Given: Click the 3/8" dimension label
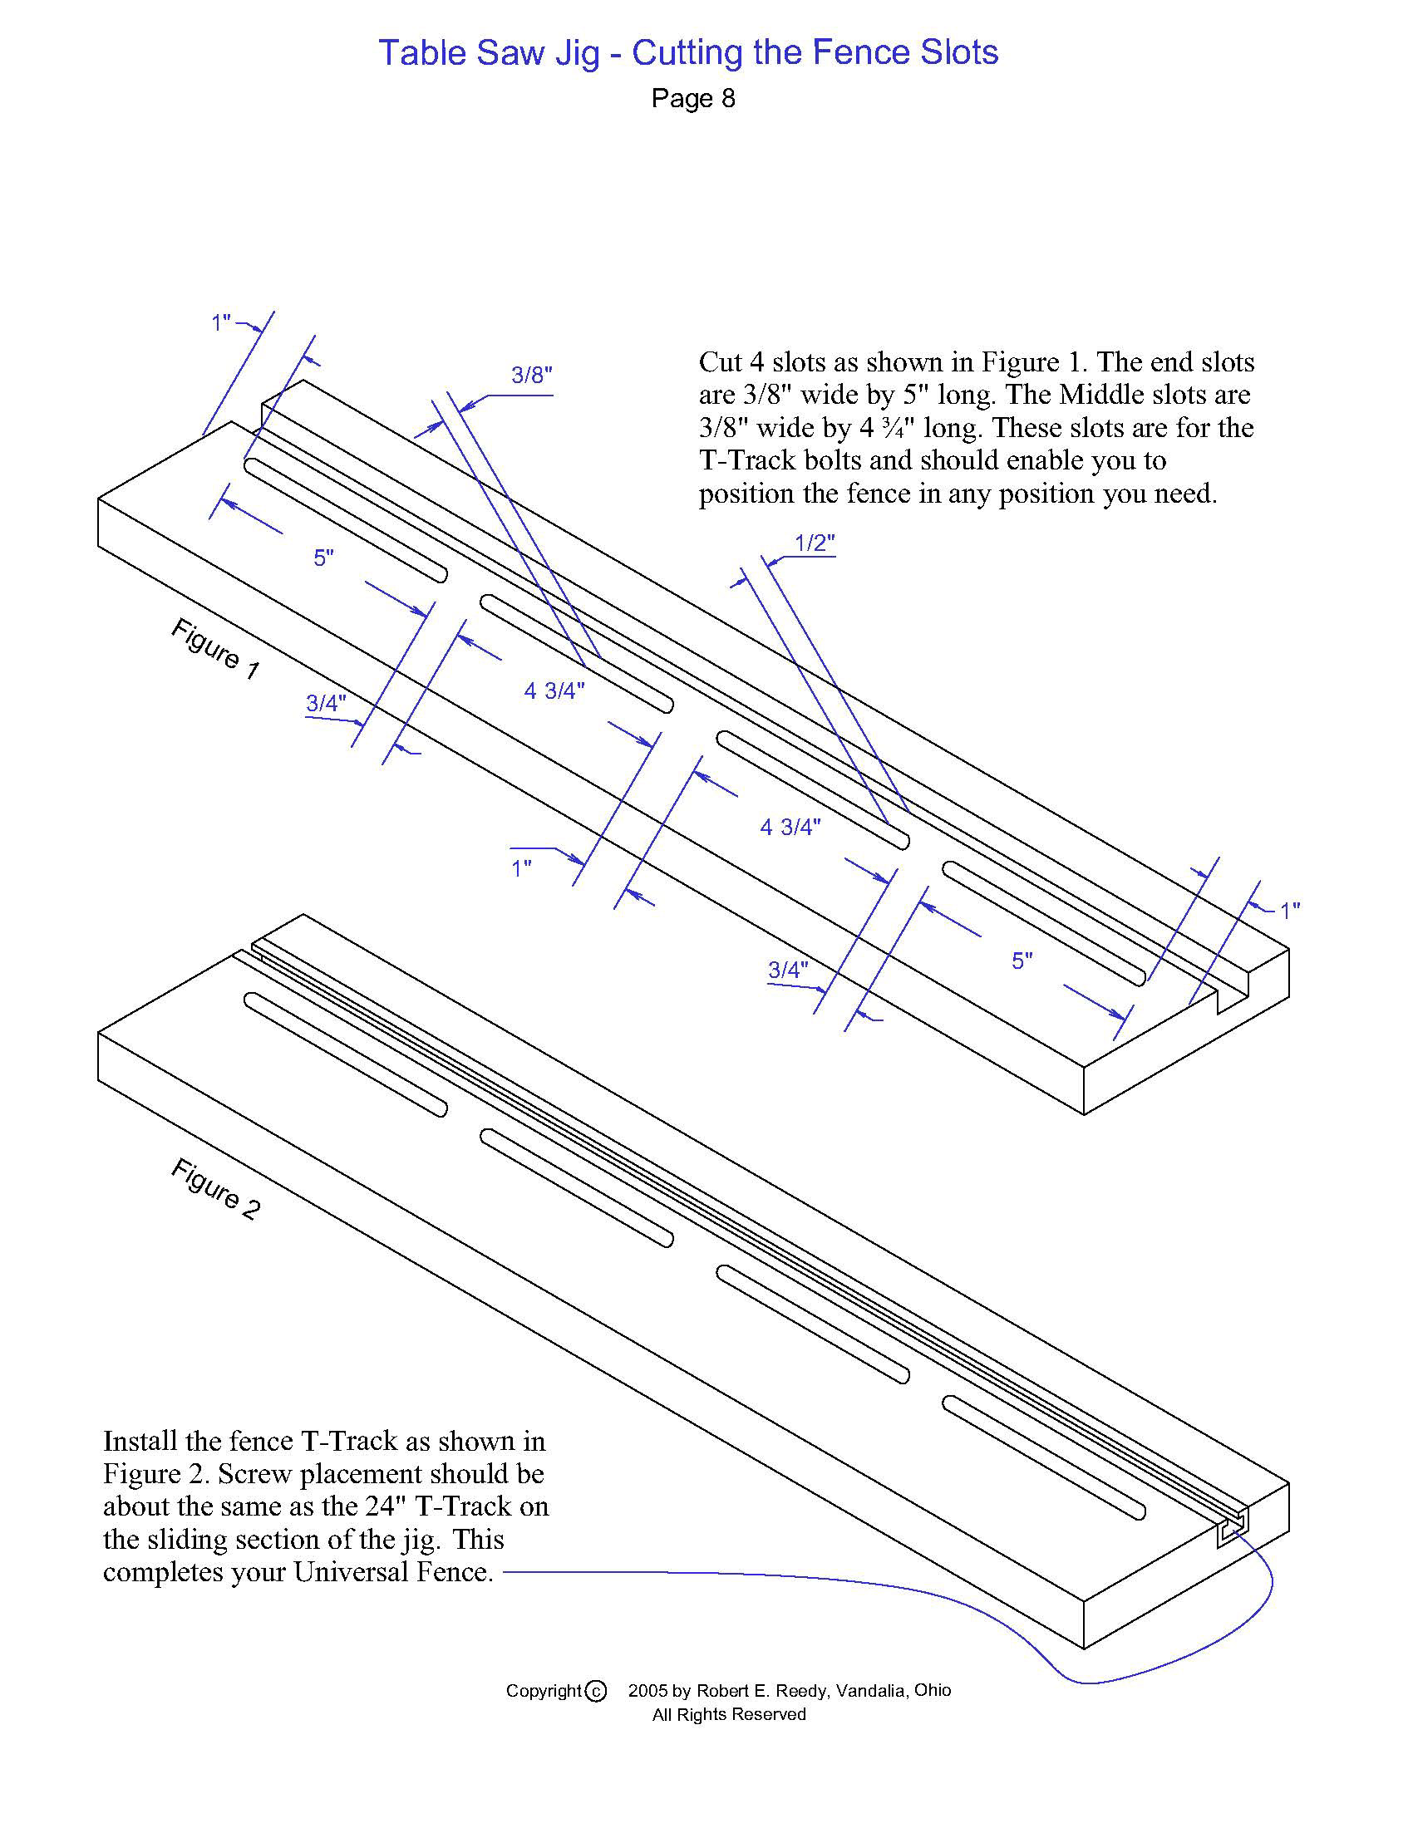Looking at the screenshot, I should (x=532, y=375).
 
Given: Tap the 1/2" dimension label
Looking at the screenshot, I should (x=814, y=543).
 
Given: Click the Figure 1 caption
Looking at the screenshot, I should (x=215, y=649).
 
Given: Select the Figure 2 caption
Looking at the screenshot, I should (x=215, y=1188).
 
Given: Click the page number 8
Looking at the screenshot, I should (x=727, y=99).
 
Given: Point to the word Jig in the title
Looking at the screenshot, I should (x=574, y=52).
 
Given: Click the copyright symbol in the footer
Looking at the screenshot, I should (x=595, y=1692).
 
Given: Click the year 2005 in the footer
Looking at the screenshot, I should (x=648, y=1691).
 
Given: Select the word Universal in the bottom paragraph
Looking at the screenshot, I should (x=352, y=1572).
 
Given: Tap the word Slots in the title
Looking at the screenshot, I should (x=959, y=52).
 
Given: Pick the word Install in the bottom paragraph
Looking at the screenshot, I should (x=140, y=1442).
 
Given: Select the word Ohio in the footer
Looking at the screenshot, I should (x=933, y=1691).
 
